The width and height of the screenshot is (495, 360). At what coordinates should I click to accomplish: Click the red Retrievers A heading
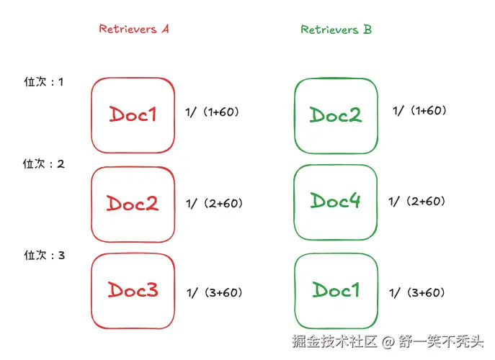(x=134, y=30)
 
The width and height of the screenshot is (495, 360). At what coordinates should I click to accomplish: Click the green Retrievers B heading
(x=336, y=30)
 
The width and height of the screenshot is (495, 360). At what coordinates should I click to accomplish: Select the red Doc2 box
(x=133, y=203)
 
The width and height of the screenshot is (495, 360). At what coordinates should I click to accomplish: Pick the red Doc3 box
(x=133, y=290)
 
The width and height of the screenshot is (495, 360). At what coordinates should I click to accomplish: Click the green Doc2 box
(x=336, y=114)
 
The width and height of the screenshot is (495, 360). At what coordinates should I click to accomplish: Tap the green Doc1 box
(x=336, y=291)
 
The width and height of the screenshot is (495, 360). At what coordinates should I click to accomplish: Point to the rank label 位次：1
(x=44, y=82)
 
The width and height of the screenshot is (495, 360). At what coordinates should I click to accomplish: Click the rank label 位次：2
(x=44, y=164)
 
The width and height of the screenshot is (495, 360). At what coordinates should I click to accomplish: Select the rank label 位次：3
(x=44, y=256)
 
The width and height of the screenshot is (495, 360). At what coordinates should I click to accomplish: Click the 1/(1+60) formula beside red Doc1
(x=212, y=112)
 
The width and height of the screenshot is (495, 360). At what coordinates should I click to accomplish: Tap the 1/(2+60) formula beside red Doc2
(x=214, y=204)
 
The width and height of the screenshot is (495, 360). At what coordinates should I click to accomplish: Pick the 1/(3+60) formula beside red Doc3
(x=214, y=292)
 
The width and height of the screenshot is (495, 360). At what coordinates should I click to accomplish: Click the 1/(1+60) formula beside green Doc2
(x=419, y=111)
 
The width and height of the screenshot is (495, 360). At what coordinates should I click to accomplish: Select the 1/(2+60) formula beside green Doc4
(x=417, y=202)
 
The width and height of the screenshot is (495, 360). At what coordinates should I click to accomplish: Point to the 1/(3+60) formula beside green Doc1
(x=417, y=292)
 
